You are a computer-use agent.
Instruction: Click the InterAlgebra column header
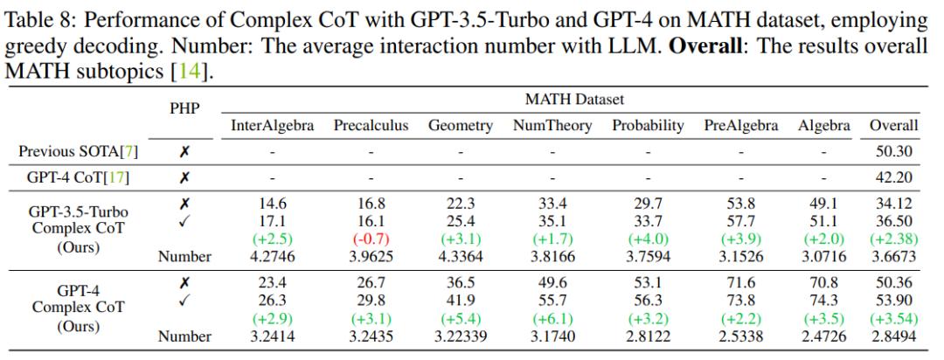272,126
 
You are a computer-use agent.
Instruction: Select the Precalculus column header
371,126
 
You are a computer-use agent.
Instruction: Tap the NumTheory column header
552,126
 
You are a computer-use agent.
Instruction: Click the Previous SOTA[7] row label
78,151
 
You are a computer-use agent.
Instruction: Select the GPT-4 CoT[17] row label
78,177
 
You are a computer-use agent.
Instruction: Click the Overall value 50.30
893,151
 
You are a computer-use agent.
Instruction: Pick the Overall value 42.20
893,177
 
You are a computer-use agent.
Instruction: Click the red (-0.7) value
371,239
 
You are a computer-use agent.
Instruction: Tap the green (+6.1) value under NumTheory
552,319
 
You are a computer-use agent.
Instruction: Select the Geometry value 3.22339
460,336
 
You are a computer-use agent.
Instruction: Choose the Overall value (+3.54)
893,319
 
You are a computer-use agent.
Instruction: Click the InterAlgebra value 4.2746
272,257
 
